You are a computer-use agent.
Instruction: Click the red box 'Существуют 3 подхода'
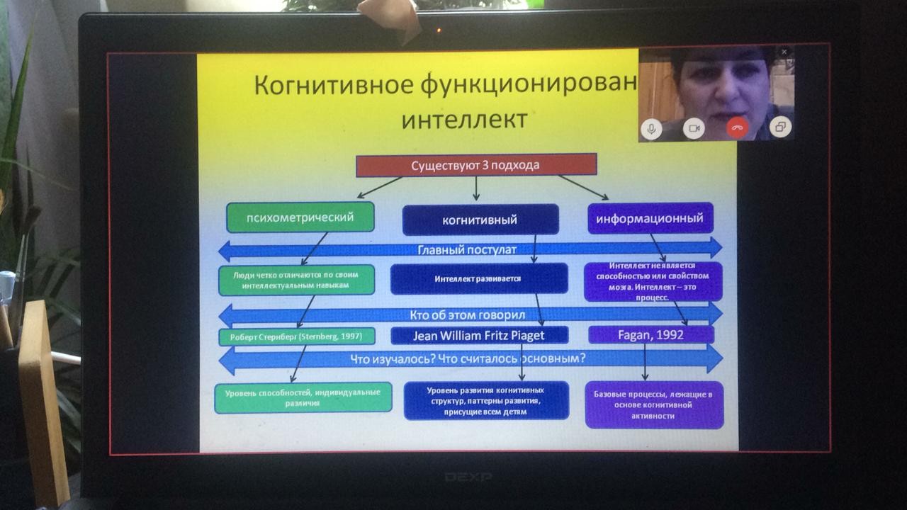(x=475, y=165)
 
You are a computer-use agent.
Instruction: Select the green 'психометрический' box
(x=300, y=217)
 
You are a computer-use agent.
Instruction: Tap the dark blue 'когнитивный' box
(x=480, y=220)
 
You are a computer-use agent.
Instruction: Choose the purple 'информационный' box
(x=650, y=218)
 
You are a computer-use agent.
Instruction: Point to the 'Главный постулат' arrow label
(x=466, y=249)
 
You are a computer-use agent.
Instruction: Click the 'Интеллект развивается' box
(x=478, y=278)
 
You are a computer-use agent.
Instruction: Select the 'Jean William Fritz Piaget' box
(x=479, y=335)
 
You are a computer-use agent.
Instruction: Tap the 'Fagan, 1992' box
(x=650, y=335)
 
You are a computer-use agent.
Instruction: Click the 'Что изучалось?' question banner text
(x=468, y=359)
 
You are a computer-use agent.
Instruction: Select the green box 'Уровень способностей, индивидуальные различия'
(x=303, y=397)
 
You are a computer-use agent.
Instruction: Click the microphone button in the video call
(x=651, y=128)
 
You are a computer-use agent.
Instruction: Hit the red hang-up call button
(x=737, y=128)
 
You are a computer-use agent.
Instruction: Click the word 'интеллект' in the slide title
(x=464, y=119)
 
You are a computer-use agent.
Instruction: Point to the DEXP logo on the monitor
(x=468, y=477)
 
